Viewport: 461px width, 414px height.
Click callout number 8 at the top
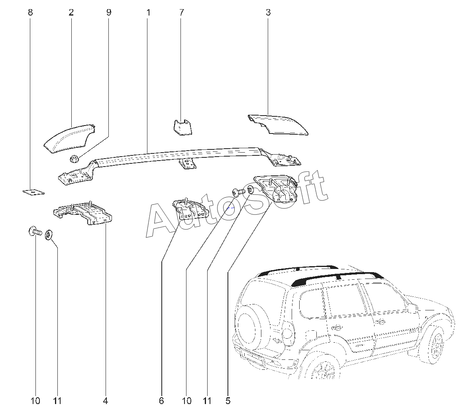(30, 12)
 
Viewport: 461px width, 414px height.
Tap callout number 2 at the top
(71, 12)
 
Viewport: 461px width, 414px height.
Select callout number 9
(108, 12)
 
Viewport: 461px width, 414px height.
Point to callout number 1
(148, 12)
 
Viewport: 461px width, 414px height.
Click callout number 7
(182, 12)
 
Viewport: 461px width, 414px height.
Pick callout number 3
(268, 12)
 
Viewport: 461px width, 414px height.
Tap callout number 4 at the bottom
(105, 401)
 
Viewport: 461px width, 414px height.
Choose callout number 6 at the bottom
(161, 401)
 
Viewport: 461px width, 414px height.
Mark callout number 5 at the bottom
(228, 401)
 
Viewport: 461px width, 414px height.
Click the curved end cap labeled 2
(68, 138)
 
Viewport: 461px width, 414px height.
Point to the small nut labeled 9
(74, 159)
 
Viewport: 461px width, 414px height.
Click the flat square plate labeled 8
(33, 192)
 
